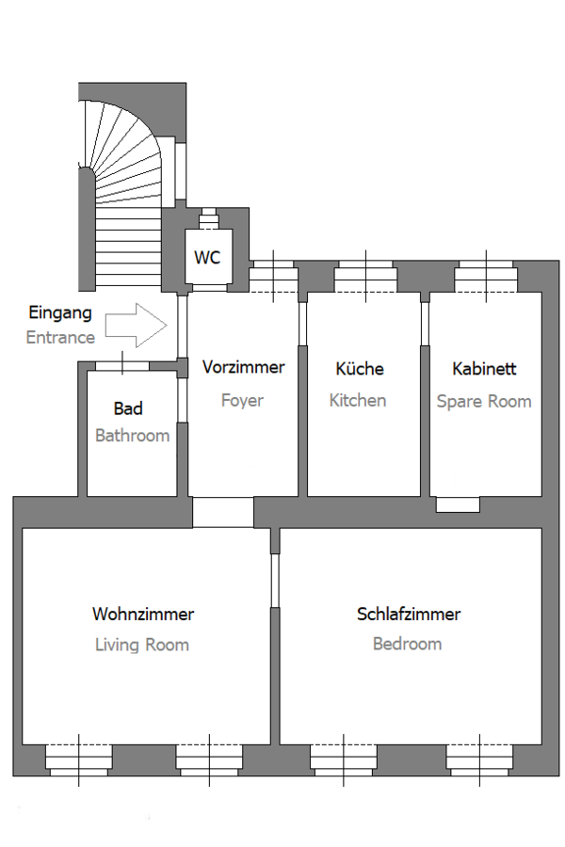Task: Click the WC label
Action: pos(207,257)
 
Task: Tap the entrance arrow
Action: pos(137,326)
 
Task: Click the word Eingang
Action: pos(60,312)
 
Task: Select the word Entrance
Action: pos(60,338)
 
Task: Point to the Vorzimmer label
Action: pos(243,367)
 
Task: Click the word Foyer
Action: pos(242,401)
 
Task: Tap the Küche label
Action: pos(360,368)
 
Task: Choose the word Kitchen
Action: pos(358,400)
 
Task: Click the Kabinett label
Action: pos(484,368)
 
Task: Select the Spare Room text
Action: pos(484,401)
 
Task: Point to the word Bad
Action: pos(128,408)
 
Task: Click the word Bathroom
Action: pos(133,436)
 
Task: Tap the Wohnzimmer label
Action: pos(143,615)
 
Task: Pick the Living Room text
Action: pos(142,645)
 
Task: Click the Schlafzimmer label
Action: pos(409,615)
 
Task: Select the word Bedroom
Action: pos(407,644)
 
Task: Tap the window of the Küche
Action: pos(365,276)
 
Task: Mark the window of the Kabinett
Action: pos(486,276)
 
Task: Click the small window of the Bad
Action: pos(122,366)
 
